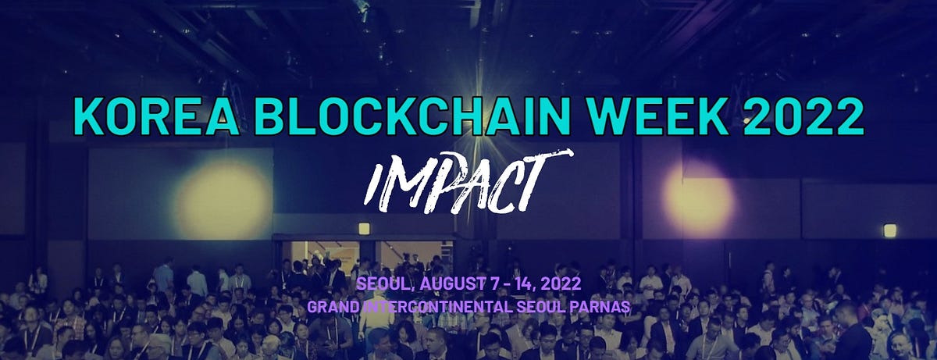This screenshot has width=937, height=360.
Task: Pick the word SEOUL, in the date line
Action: [379, 282]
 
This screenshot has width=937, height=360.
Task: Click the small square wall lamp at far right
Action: [889, 230]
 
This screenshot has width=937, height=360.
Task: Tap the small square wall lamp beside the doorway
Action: [364, 229]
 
